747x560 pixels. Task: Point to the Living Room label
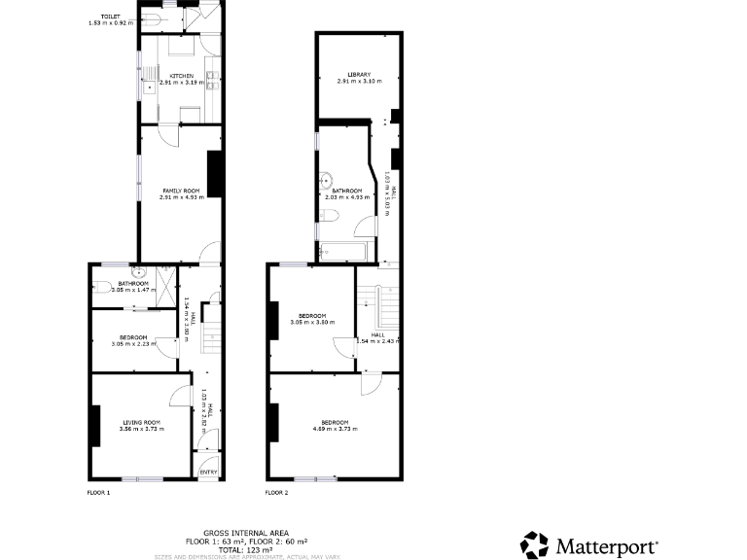[141, 425]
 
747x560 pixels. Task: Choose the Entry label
[208, 472]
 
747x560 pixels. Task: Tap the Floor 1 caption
[99, 493]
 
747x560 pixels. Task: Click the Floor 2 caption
[277, 493]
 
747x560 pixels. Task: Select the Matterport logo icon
[535, 544]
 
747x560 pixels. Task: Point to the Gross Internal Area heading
[247, 533]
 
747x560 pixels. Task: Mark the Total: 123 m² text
[247, 549]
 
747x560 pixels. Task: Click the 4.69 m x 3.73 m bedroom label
[333, 425]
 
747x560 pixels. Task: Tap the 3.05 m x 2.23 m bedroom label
[132, 341]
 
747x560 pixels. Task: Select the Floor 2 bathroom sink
[328, 180]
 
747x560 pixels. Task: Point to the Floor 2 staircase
[387, 305]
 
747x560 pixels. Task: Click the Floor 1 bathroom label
[132, 287]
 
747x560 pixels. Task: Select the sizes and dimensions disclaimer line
[247, 556]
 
